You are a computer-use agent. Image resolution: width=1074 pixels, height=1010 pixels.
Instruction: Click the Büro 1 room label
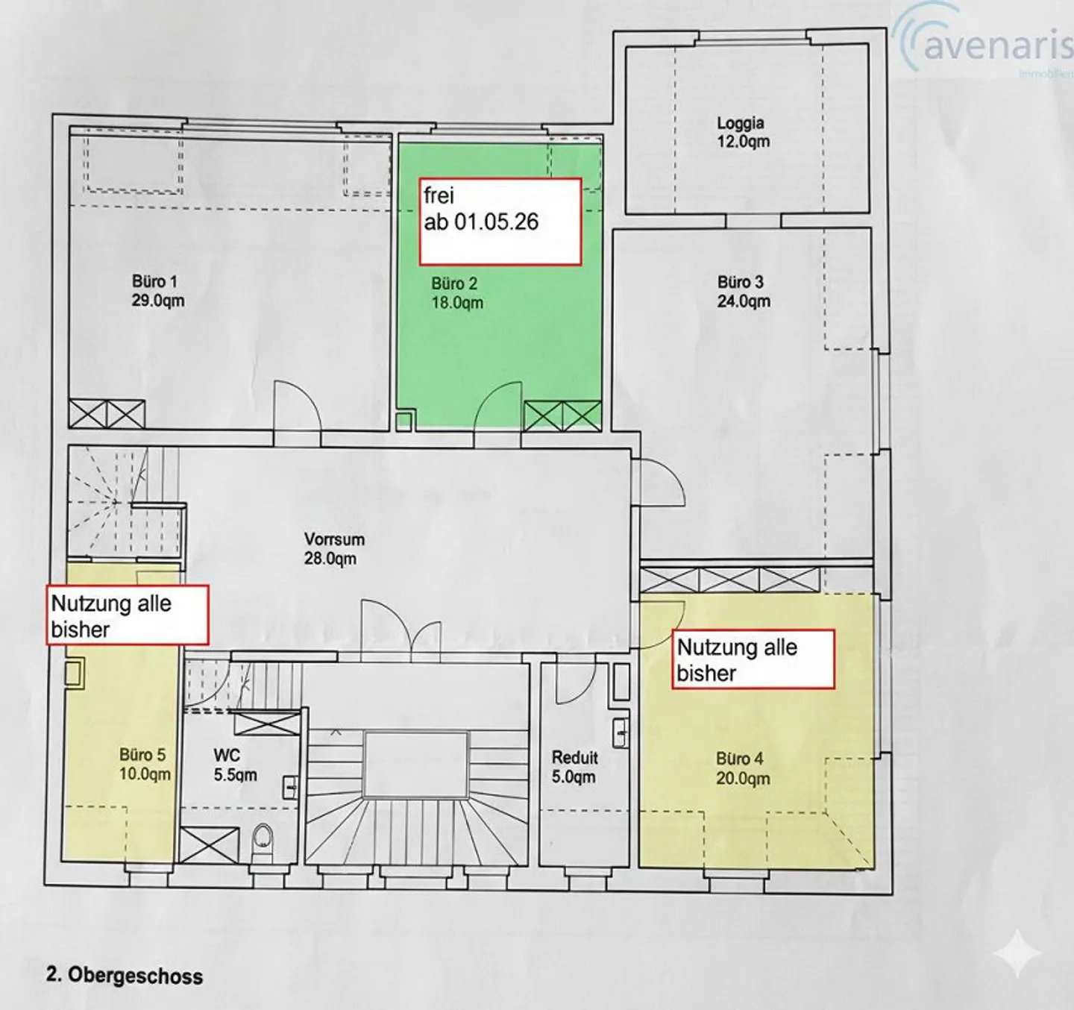(x=154, y=282)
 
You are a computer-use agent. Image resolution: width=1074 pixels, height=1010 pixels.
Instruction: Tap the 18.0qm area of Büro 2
(x=457, y=302)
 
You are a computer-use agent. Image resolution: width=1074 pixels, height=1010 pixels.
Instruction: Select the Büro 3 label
(x=741, y=282)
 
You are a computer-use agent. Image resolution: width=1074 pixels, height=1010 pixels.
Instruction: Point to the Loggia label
(x=741, y=123)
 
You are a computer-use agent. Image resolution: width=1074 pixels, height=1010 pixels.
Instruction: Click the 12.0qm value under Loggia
(x=743, y=142)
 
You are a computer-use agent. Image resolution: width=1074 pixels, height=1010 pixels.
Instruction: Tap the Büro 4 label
(x=740, y=759)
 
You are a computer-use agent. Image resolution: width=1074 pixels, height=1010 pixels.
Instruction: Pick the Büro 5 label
(x=142, y=755)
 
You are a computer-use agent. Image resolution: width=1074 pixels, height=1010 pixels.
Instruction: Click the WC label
(x=227, y=755)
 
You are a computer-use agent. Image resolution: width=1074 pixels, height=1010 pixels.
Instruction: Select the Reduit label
(x=575, y=757)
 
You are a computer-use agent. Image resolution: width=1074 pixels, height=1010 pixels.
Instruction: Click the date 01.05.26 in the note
(x=497, y=222)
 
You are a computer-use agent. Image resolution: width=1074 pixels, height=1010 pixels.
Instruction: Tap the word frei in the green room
(x=439, y=195)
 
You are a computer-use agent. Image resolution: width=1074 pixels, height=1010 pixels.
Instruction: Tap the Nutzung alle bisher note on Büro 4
(x=753, y=659)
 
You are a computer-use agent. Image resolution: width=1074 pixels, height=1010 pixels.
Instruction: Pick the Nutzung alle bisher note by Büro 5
(x=128, y=615)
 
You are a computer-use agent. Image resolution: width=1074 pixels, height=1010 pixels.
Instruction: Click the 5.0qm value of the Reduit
(x=574, y=777)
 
